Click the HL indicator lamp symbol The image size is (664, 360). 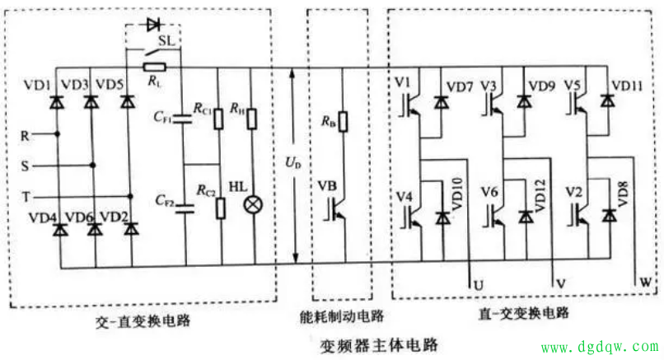(x=255, y=203)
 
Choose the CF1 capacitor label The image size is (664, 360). (x=161, y=116)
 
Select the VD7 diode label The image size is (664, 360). (x=460, y=86)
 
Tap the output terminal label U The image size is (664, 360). (x=478, y=284)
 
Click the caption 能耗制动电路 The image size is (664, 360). (x=338, y=316)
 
